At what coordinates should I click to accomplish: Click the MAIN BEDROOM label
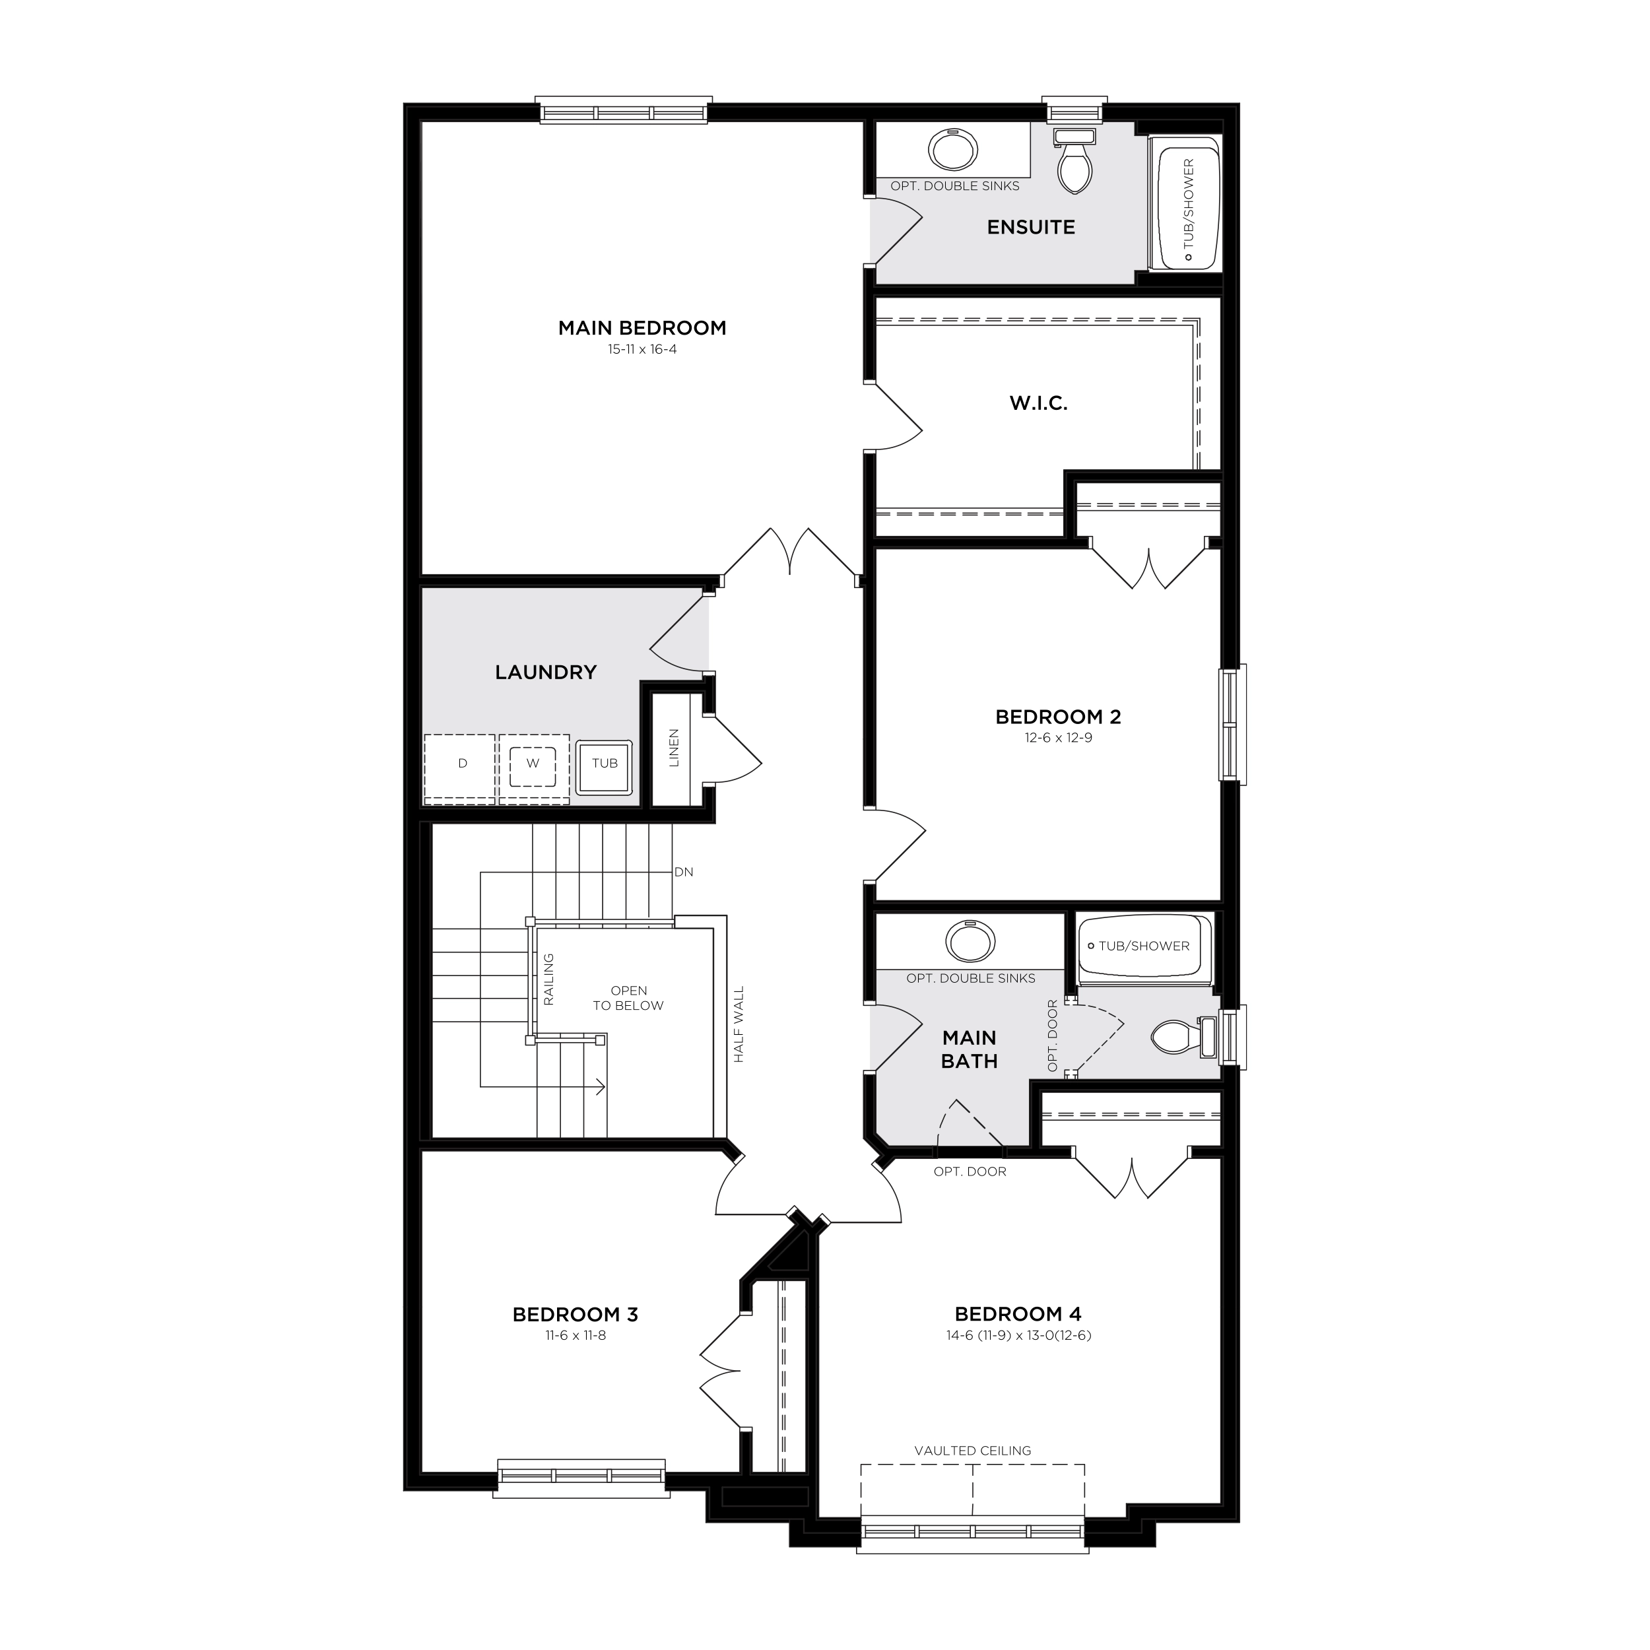click(642, 328)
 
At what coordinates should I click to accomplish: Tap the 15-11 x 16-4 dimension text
click(642, 349)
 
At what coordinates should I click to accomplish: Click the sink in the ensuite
click(952, 151)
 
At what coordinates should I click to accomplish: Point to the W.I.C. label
click(1038, 403)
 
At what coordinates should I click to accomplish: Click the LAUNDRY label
click(546, 672)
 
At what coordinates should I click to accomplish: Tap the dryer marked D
click(462, 764)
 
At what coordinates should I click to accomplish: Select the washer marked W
click(533, 764)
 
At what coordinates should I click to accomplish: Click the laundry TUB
click(605, 764)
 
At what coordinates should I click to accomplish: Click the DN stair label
click(683, 872)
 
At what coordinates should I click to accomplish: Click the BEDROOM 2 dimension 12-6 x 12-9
click(1058, 738)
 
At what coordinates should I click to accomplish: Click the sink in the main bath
click(970, 942)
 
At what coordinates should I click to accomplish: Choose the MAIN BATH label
click(970, 1049)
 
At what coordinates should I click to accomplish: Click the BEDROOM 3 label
click(575, 1314)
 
